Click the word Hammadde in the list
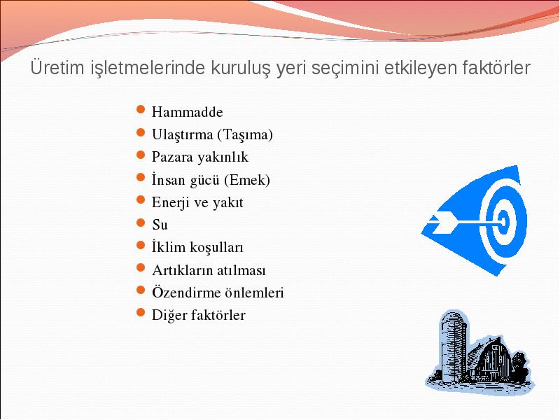pos(187,112)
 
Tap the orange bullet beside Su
pos(141,223)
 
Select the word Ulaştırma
pos(182,135)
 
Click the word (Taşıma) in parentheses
pos(245,135)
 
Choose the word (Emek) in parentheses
pos(247,180)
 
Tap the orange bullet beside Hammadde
pos(141,109)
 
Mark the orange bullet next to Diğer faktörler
pos(141,312)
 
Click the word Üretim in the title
pos(57,67)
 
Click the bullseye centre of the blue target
pos(503,222)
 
